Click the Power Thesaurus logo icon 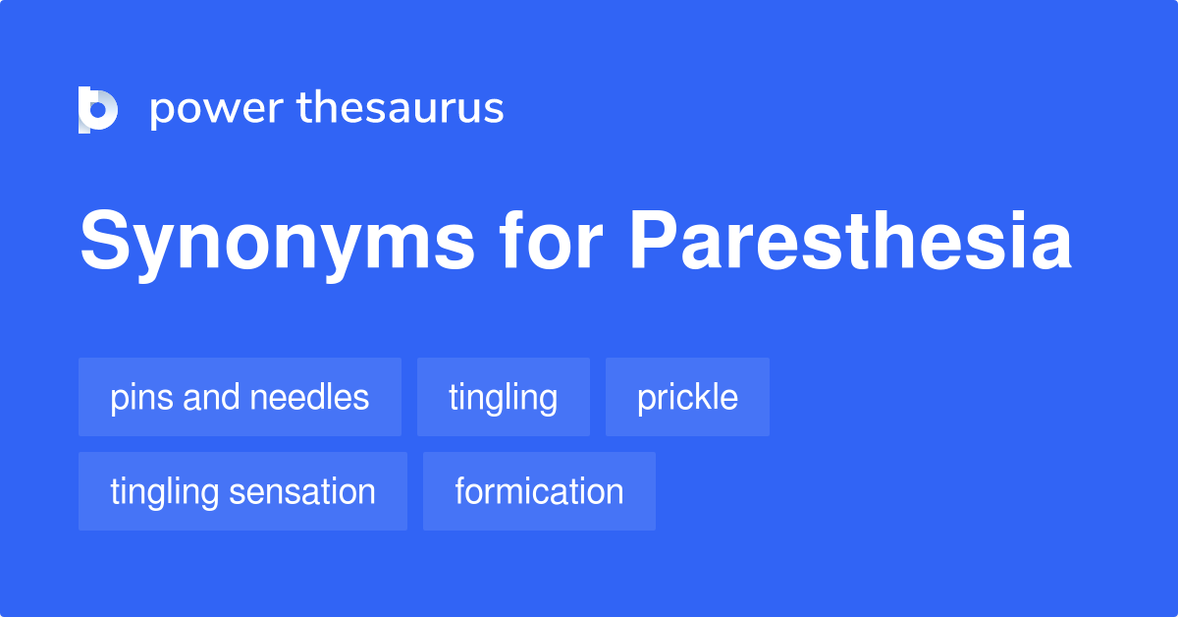[98, 109]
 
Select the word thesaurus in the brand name [402, 109]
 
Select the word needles [311, 398]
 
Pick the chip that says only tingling [503, 398]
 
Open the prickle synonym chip [687, 398]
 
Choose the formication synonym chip [539, 491]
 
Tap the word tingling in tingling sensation [164, 491]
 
